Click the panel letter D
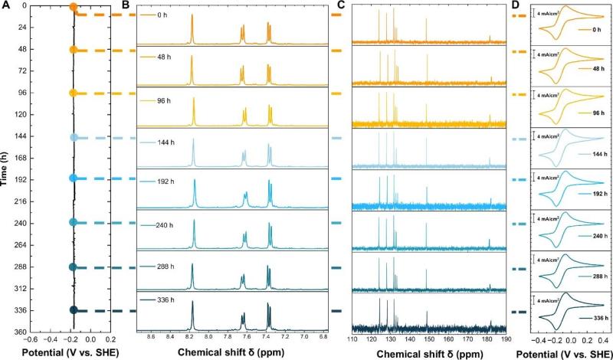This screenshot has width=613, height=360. click(515, 6)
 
